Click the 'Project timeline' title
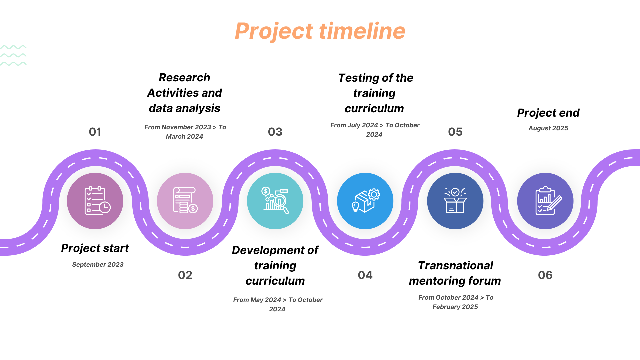[x=320, y=31]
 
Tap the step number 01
[x=95, y=132]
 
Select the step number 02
[x=185, y=275]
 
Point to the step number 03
[x=275, y=132]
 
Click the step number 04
[x=365, y=275]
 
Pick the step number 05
[x=455, y=132]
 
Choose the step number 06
[x=545, y=275]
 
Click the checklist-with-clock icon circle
[x=95, y=201]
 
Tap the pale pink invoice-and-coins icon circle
[x=185, y=201]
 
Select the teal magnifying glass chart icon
[x=275, y=201]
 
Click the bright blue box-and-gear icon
[x=365, y=201]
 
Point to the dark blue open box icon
[x=455, y=201]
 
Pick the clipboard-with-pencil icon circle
[x=545, y=201]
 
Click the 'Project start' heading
[x=95, y=248]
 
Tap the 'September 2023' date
[x=98, y=264]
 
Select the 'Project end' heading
[x=548, y=113]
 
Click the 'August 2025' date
[x=548, y=128]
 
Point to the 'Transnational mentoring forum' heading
[x=455, y=273]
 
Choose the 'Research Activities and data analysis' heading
[x=185, y=93]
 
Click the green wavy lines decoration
[x=13, y=55]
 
